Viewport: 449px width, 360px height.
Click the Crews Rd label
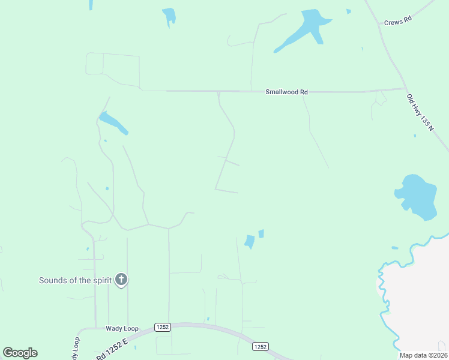point(397,20)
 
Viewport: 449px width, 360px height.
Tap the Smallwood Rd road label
point(286,92)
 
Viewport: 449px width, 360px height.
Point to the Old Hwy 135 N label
point(421,113)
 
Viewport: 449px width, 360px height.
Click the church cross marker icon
point(121,279)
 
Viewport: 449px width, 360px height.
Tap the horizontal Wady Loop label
point(122,328)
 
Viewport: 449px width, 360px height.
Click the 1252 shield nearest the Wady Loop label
point(162,327)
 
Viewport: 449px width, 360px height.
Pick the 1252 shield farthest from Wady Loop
point(259,346)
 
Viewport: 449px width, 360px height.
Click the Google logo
point(20,353)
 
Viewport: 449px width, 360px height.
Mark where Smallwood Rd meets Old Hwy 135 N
point(406,89)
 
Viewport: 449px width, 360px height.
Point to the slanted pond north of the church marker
point(113,122)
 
